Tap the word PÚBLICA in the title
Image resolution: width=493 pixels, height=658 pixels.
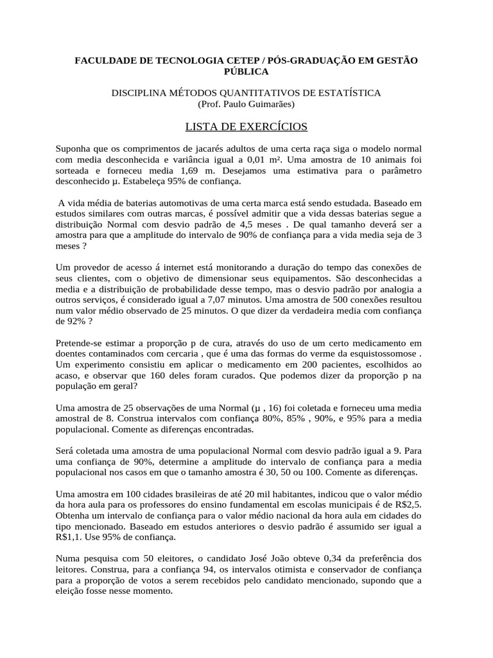[x=246, y=71]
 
